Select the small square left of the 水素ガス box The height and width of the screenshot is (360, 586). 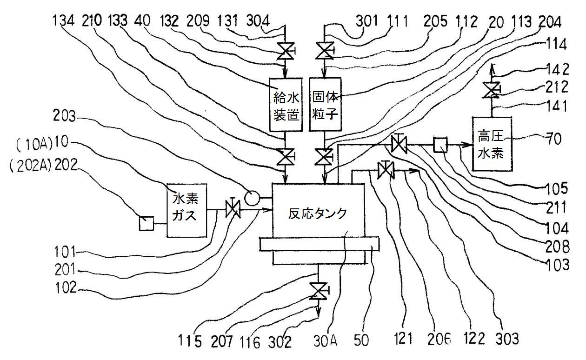[x=146, y=224]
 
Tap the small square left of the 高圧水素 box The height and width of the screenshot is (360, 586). [x=439, y=146]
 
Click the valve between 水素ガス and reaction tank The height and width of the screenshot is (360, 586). [x=232, y=210]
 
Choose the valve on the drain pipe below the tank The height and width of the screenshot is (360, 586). [x=319, y=292]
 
